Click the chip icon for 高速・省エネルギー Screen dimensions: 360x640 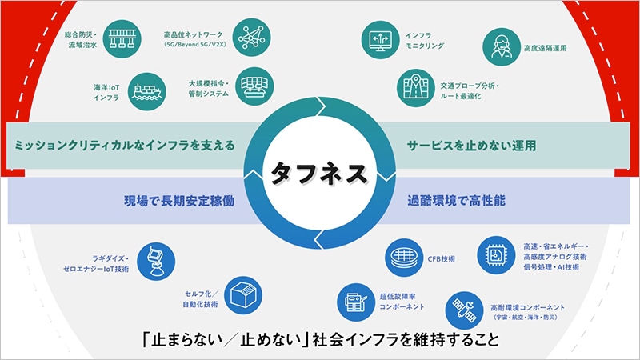496,256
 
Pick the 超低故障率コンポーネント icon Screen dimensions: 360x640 355,300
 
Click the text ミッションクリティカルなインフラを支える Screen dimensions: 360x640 120,146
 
